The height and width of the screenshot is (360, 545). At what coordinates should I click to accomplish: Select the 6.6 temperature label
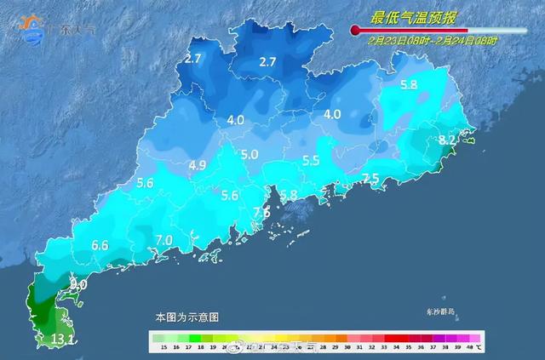pos(100,246)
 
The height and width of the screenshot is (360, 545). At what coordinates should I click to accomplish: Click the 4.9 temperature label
pos(198,164)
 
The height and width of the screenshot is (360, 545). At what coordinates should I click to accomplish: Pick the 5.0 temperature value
pos(250,154)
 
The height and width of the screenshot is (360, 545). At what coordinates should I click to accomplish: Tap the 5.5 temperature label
pos(311,160)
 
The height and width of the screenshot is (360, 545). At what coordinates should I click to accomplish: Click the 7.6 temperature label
pos(261,211)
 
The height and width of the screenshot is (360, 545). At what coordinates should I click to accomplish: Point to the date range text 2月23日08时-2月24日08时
pos(432,40)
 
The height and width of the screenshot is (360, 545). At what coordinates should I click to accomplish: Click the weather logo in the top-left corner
pos(32,29)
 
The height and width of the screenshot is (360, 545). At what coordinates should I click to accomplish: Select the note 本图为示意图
pos(186,317)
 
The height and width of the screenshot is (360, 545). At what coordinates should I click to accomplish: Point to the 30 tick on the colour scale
pos(340,346)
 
